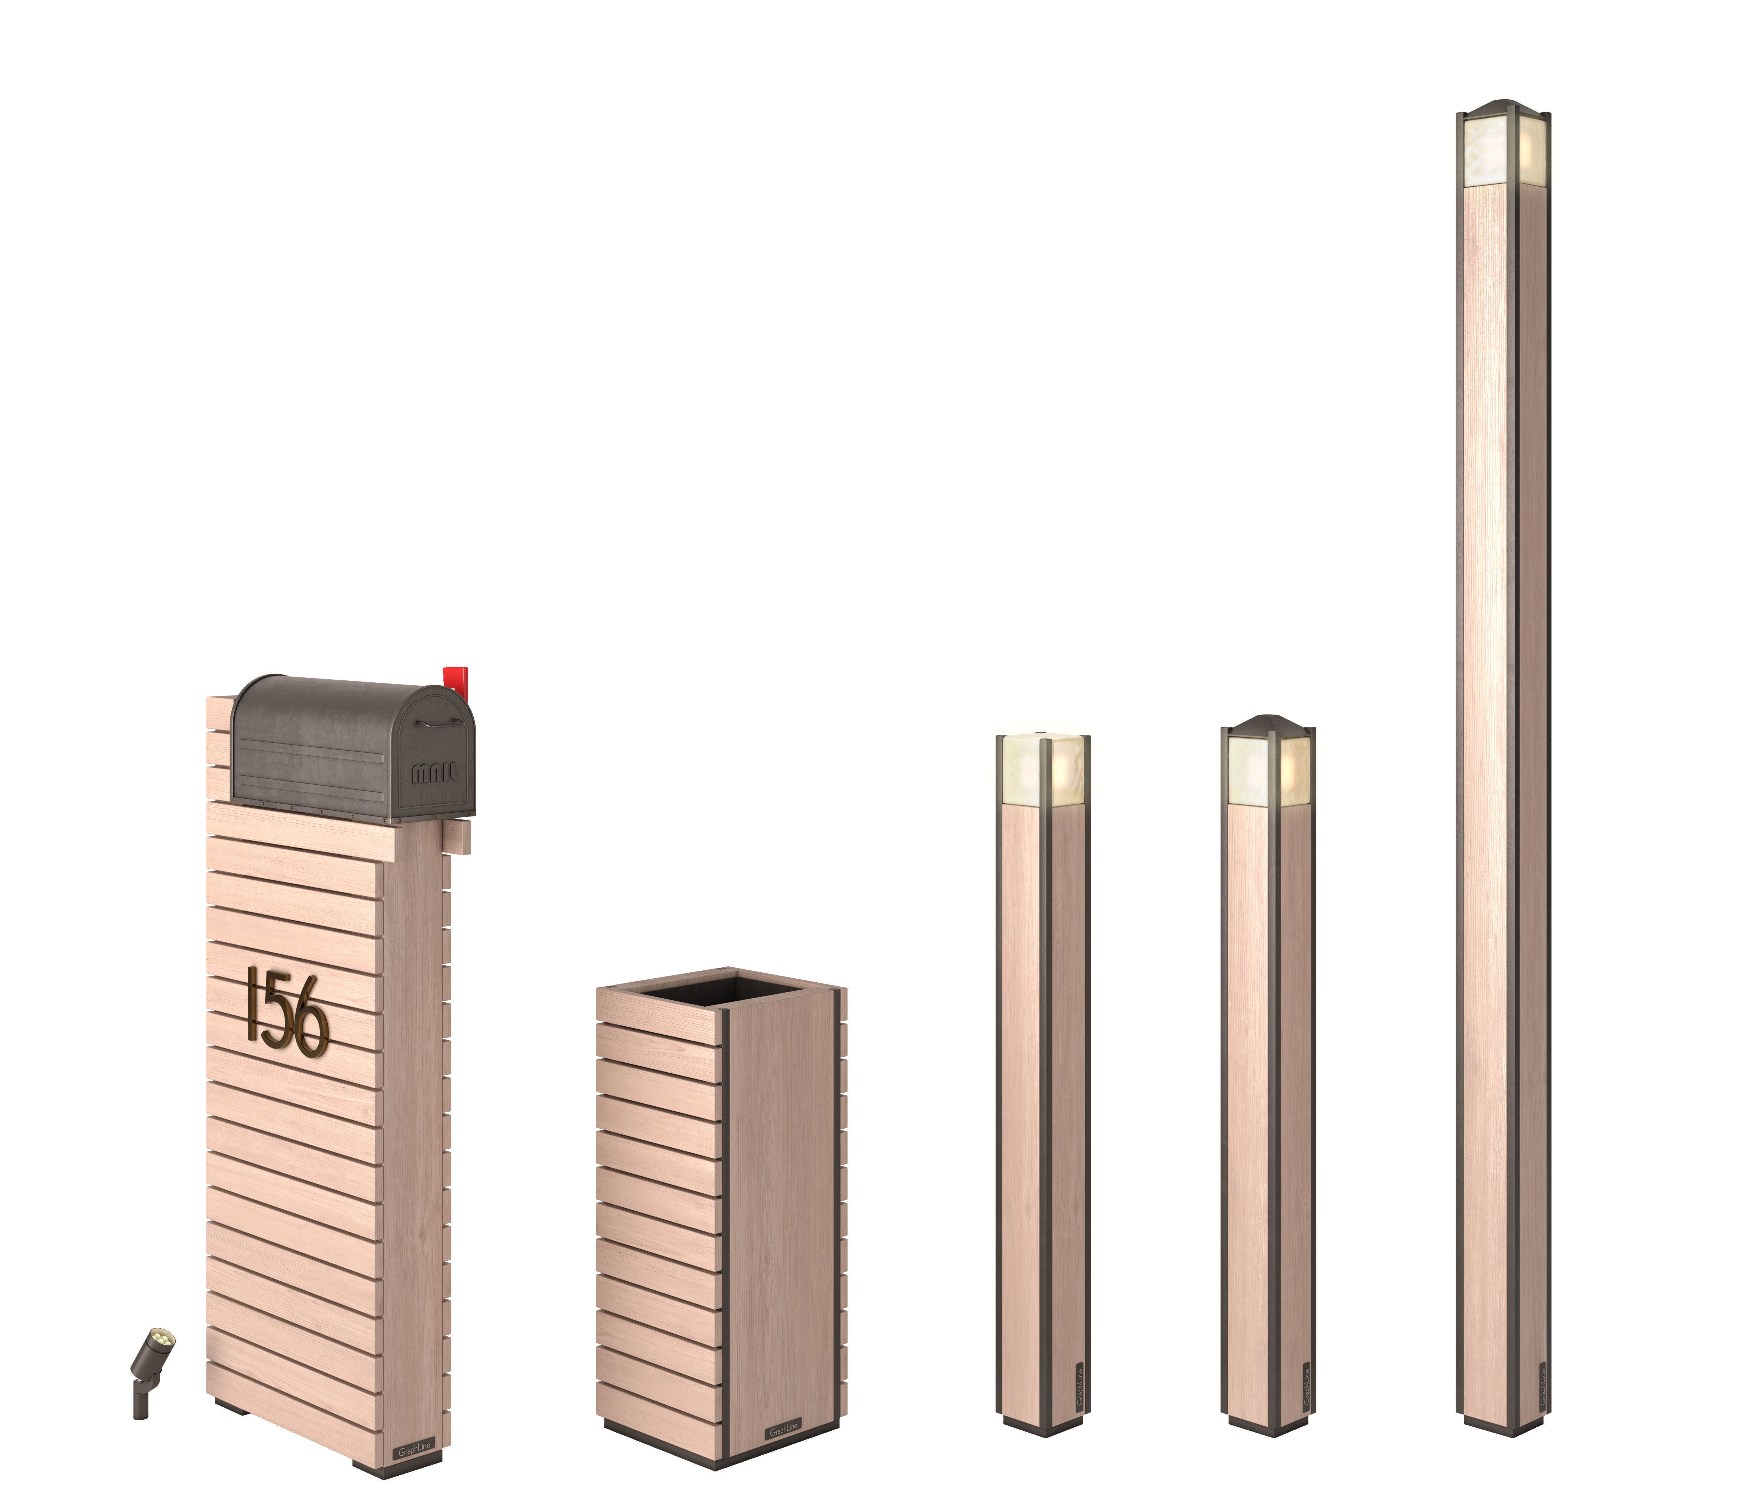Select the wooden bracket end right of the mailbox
coord(459,838)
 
